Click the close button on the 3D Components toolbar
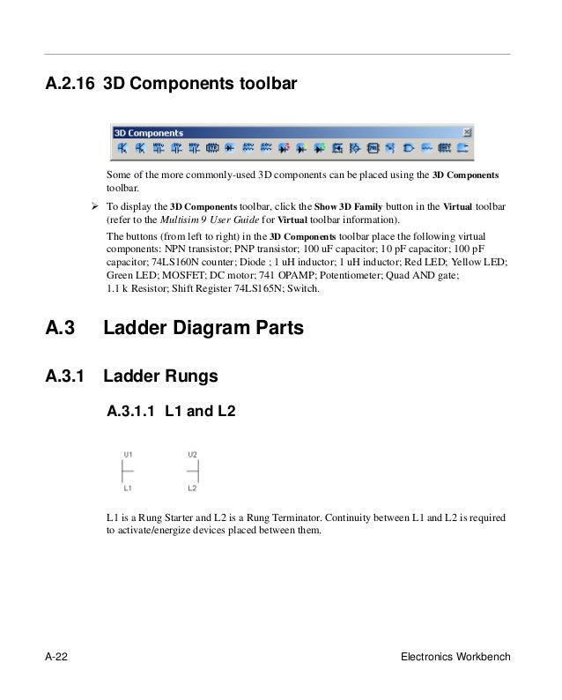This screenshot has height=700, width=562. click(467, 133)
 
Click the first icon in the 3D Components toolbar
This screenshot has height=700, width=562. click(122, 148)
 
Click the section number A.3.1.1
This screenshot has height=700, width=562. click(130, 411)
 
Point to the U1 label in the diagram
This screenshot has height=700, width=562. click(128, 453)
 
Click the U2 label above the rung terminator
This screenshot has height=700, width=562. click(192, 453)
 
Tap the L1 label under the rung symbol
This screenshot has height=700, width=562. click(128, 488)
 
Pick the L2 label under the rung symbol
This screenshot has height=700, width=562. click(192, 488)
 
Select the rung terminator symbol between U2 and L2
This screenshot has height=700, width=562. click(194, 471)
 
